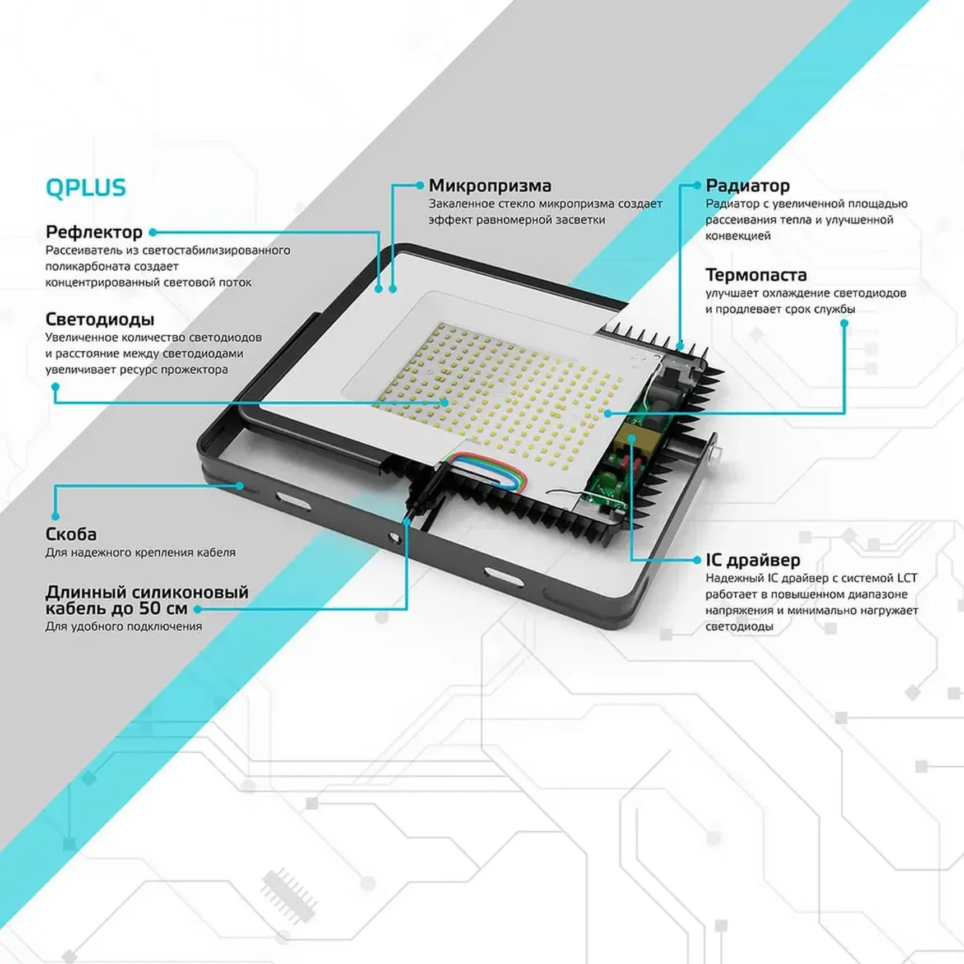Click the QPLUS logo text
click(x=86, y=188)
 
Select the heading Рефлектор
click(x=94, y=232)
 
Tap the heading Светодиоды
click(x=100, y=319)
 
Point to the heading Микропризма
click(x=490, y=186)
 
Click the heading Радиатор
click(x=748, y=186)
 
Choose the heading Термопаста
click(x=756, y=275)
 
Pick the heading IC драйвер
click(x=753, y=560)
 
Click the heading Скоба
click(x=71, y=534)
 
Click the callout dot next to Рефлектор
click(x=152, y=232)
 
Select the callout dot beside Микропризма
click(x=420, y=185)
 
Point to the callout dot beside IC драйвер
click(x=697, y=560)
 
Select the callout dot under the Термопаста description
click(x=844, y=323)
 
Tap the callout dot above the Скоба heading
click(x=55, y=516)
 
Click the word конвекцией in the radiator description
click(x=738, y=236)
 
